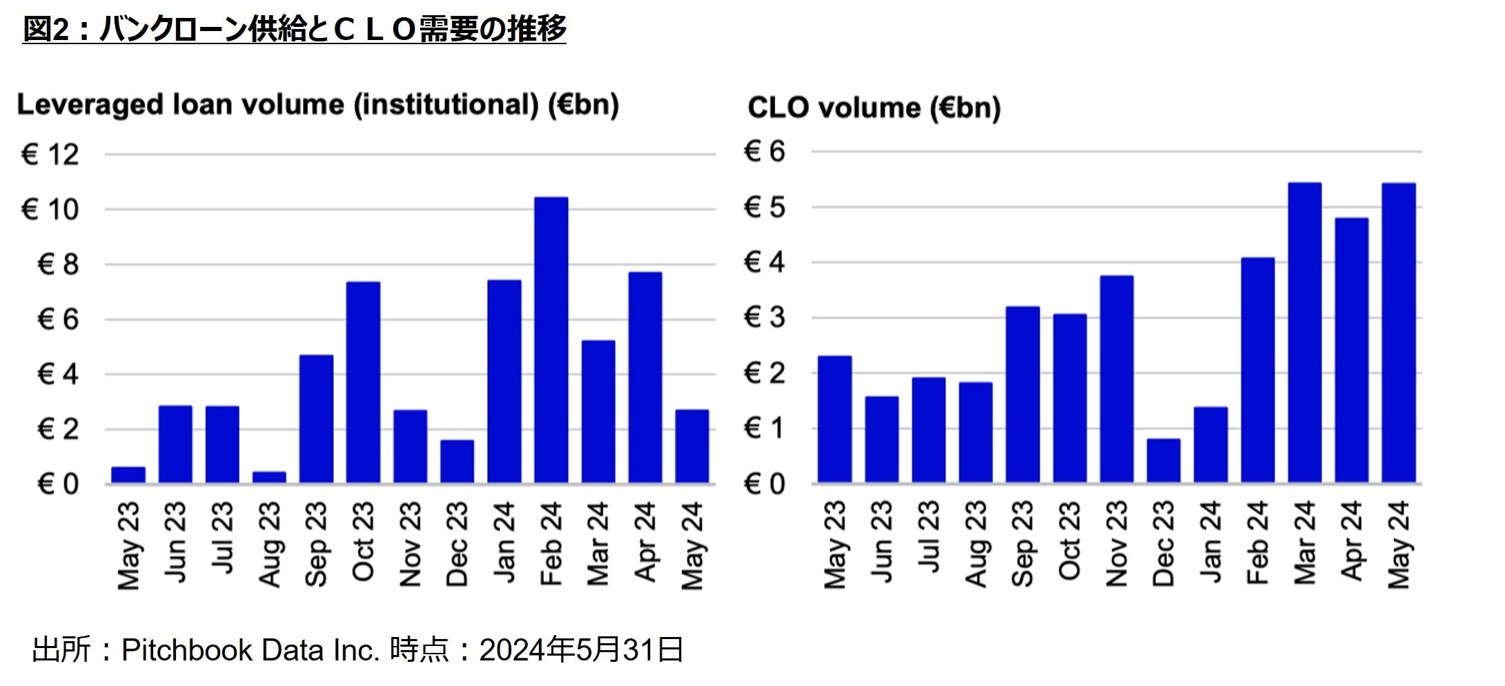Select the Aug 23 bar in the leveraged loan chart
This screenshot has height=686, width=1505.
pos(269,477)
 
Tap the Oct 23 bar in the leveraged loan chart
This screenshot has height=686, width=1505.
pos(363,382)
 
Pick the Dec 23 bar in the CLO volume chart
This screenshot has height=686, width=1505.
pos(1163,460)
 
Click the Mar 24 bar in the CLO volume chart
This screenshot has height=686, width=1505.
pos(1304,333)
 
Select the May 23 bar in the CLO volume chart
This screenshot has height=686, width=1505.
pos(834,420)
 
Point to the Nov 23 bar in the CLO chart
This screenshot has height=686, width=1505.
pos(1117,379)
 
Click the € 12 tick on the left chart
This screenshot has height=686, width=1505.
pos(50,155)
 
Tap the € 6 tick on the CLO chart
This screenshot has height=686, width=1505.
pos(764,152)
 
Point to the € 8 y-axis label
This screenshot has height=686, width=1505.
pos(58,265)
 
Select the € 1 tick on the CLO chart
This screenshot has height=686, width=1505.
pos(764,429)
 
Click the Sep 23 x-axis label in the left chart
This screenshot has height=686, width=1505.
pos(316,545)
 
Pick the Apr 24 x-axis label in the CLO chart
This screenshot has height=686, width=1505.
pos(1351,542)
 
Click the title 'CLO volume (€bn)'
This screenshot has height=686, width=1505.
pos(874,108)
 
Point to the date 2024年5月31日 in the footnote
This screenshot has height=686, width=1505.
pos(581,650)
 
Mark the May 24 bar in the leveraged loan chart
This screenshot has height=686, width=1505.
pos(692,447)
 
